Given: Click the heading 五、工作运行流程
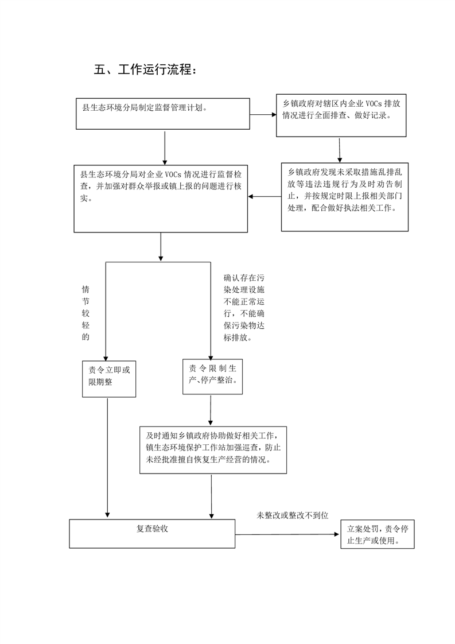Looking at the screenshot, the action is (x=145, y=69).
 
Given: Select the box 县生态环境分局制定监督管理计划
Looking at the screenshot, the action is (x=162, y=114).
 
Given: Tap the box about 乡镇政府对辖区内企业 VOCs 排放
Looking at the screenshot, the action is (x=341, y=115).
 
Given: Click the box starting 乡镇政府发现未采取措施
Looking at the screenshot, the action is (x=344, y=197).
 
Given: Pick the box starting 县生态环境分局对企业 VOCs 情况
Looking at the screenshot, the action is (x=161, y=199).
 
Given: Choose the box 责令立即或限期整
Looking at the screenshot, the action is (x=109, y=379).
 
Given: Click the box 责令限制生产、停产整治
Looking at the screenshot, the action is (x=212, y=377).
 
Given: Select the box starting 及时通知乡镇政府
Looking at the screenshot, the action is (x=213, y=450).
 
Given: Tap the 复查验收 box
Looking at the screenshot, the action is (x=152, y=534).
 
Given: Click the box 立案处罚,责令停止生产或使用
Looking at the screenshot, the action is (x=378, y=534).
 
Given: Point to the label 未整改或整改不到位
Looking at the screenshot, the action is (x=293, y=515).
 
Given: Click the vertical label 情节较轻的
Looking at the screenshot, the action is (x=85, y=313).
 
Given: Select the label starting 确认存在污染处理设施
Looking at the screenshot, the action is (x=244, y=308).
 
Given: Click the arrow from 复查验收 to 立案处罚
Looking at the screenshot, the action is (x=287, y=534).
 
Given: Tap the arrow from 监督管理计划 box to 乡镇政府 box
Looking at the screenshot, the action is (x=263, y=115).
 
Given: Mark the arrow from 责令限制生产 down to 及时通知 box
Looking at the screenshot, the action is (x=211, y=410).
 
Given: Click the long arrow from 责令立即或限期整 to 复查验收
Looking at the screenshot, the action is (x=108, y=457).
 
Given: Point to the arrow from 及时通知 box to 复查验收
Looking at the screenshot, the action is (x=212, y=496).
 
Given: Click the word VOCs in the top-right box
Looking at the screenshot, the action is (x=374, y=103).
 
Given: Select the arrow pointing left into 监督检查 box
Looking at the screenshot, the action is (x=265, y=197).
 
